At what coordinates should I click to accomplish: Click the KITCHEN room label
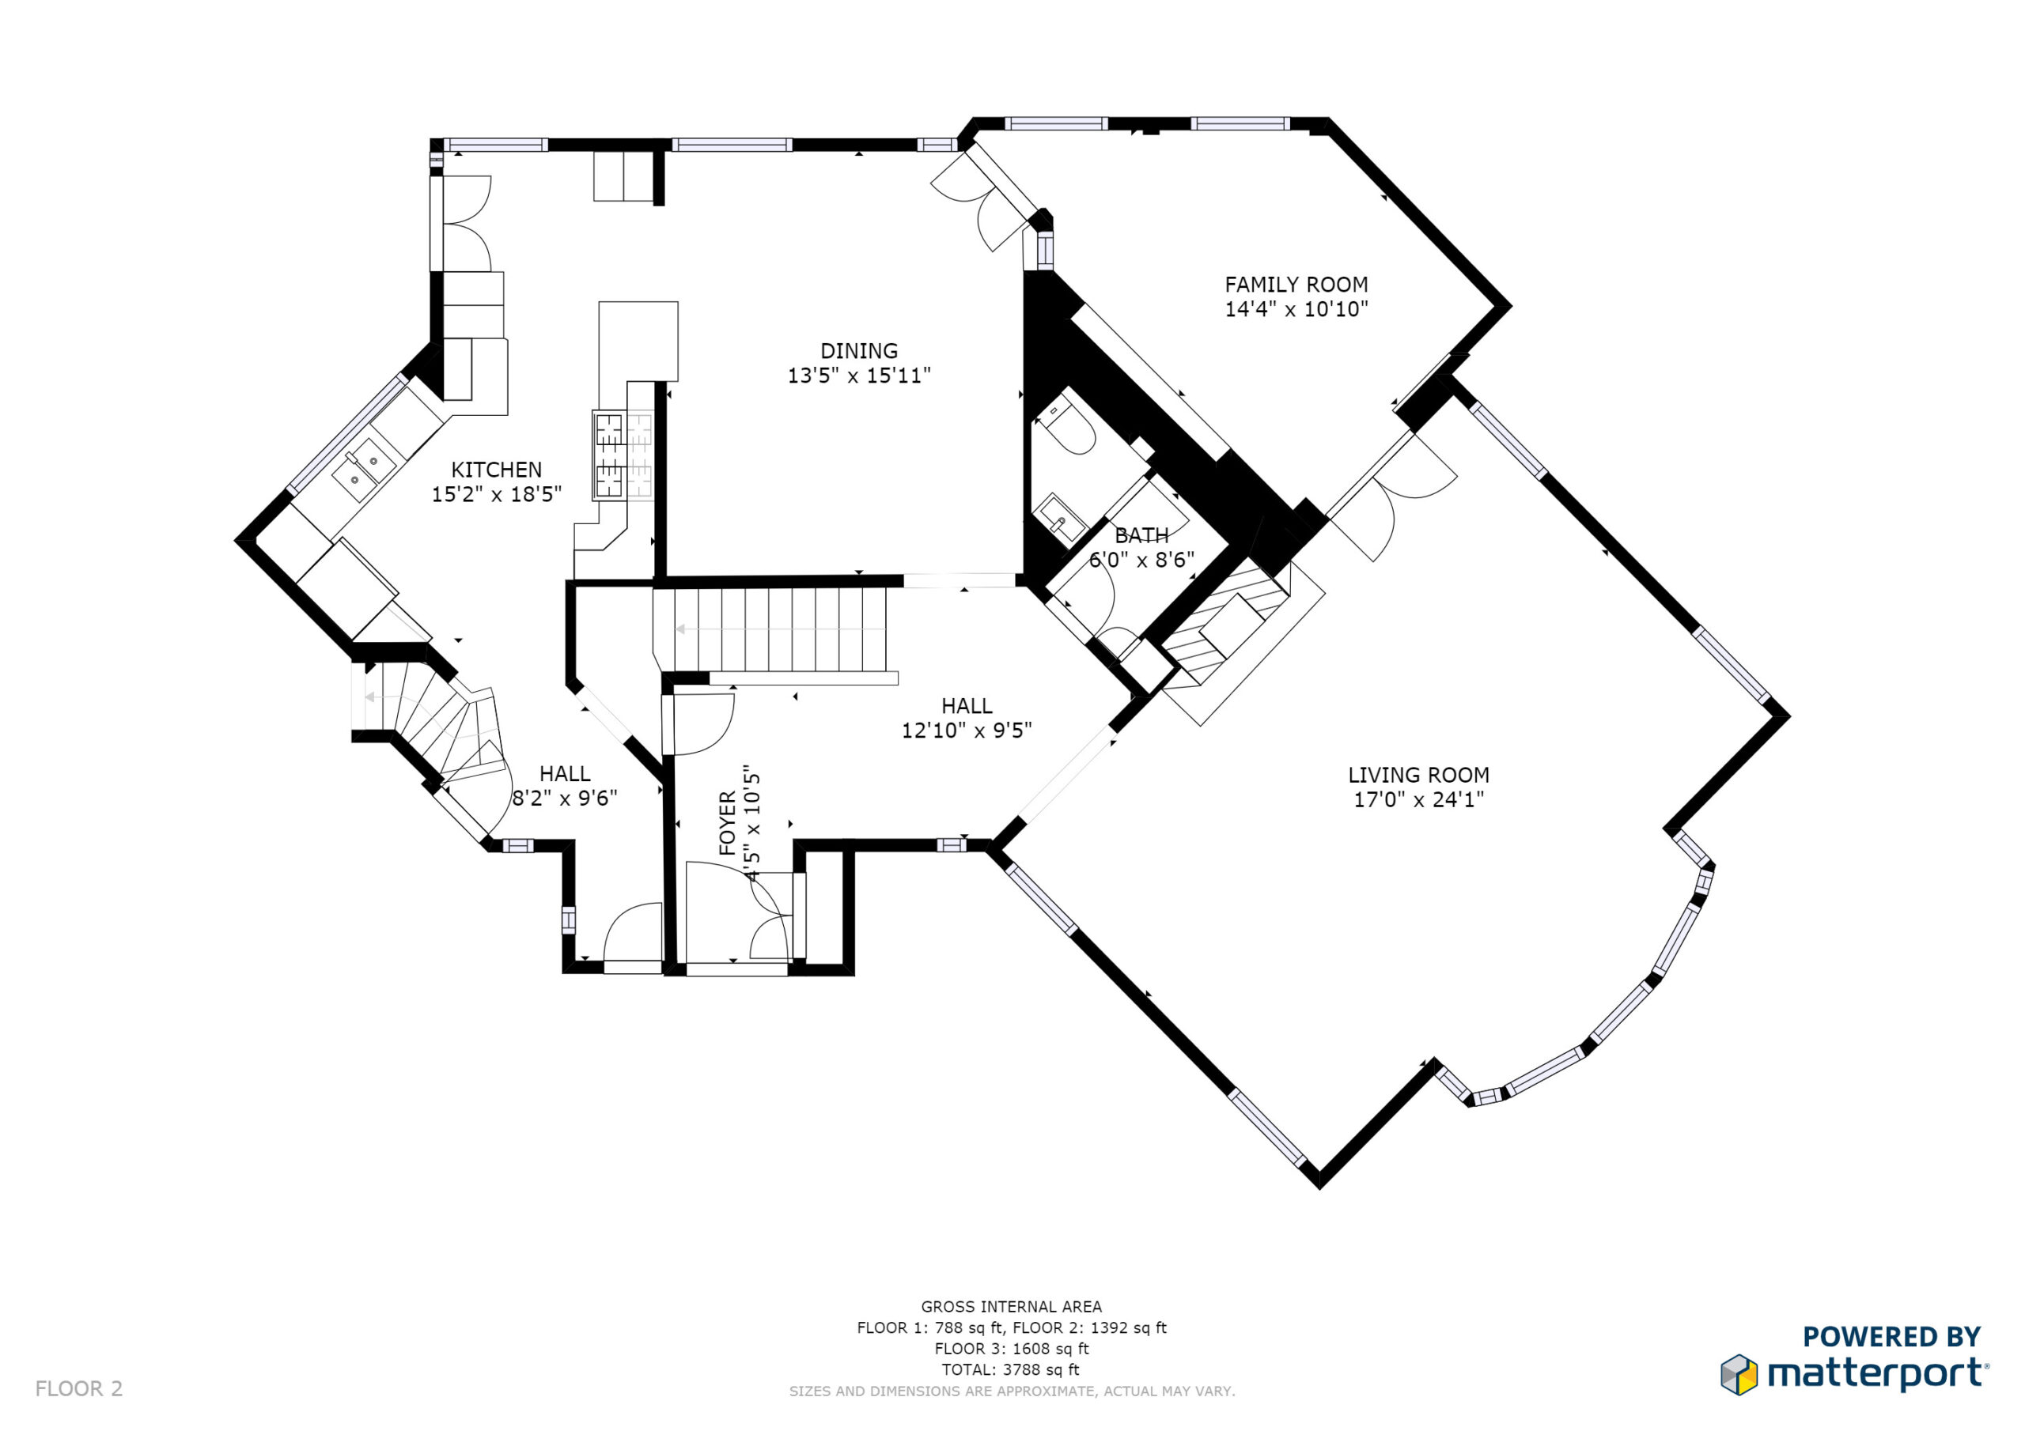click(497, 470)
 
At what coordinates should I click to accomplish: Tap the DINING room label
click(859, 351)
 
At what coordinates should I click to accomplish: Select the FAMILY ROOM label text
click(1296, 285)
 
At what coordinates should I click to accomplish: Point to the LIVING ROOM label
click(1418, 775)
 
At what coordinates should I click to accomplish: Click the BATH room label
click(1142, 535)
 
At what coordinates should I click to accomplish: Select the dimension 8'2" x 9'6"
click(565, 798)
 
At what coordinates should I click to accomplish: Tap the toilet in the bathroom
click(1068, 424)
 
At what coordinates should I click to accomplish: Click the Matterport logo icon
click(1739, 1375)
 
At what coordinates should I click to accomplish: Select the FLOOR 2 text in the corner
click(78, 1388)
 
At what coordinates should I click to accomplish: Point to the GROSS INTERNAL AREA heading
click(1012, 1307)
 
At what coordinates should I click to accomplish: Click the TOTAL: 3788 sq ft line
click(1011, 1369)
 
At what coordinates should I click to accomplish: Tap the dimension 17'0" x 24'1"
click(1418, 800)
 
